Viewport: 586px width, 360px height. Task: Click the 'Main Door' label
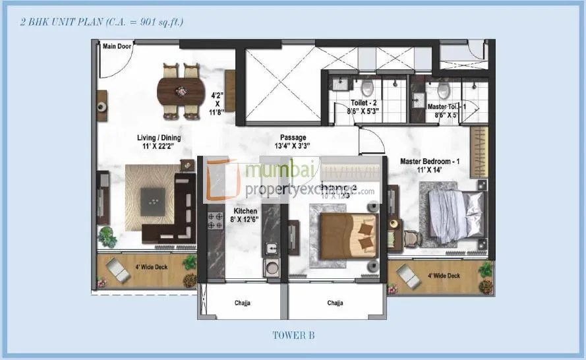[117, 46]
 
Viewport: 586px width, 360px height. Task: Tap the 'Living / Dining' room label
[158, 138]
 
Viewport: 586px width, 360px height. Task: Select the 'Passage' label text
[293, 138]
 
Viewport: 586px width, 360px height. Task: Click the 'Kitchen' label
[245, 211]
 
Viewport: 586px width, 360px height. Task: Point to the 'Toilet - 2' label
[363, 104]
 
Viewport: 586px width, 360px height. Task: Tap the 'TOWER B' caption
[293, 336]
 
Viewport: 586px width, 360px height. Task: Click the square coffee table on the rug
[156, 196]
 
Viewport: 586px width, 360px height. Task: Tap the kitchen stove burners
[214, 221]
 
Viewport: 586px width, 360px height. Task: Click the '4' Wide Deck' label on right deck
[444, 276]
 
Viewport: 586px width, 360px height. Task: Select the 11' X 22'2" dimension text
[158, 146]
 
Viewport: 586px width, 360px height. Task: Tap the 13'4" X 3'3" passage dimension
[292, 146]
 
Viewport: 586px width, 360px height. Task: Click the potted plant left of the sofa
[106, 236]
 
